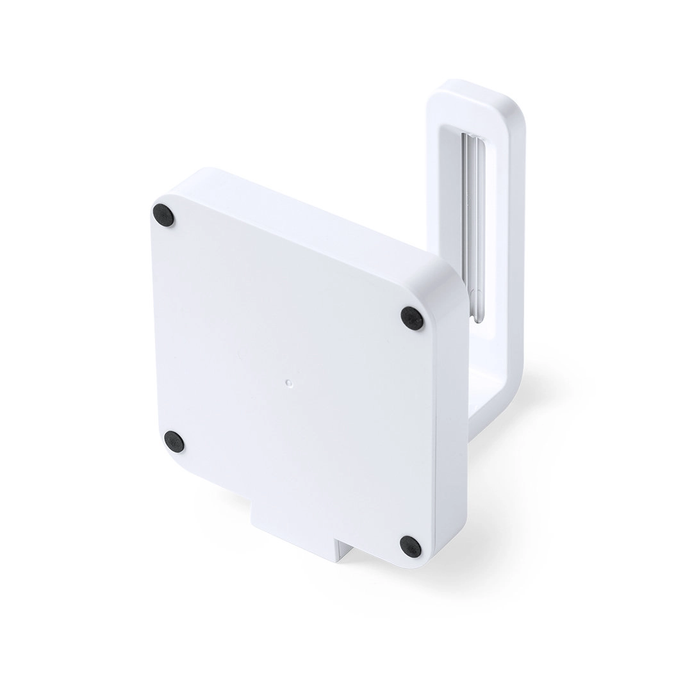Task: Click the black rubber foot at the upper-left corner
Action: click(x=163, y=215)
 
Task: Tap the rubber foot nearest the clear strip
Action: click(x=411, y=318)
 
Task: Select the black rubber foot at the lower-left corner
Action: click(x=174, y=441)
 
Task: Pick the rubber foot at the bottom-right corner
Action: click(x=411, y=546)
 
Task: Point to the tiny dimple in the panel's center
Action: click(x=288, y=383)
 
